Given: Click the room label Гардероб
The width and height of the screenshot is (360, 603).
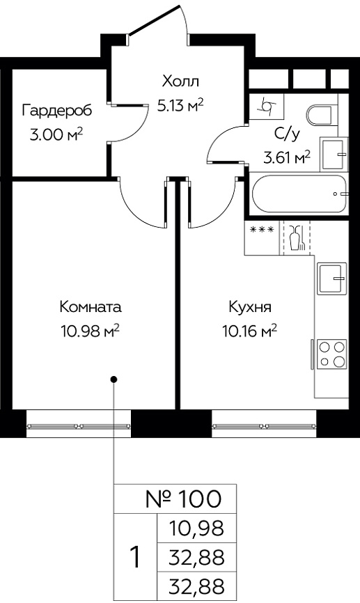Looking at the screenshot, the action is pos(57,111).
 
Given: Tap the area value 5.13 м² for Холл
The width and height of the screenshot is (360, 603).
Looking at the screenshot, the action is pos(180,105).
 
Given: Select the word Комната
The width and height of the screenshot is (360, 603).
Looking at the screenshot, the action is pos(91,307).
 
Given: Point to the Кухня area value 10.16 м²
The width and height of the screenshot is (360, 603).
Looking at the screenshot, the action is pos(250,330).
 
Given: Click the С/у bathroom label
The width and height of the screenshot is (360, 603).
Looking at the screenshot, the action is pos(288,134).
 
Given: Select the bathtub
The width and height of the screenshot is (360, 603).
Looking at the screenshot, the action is pos(300,194).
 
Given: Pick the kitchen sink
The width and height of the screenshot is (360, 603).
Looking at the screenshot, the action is pos(332,279).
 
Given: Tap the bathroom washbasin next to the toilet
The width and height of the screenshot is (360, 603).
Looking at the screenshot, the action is pos(334,155).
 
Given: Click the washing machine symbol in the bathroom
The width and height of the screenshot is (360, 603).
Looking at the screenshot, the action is pos(267,105).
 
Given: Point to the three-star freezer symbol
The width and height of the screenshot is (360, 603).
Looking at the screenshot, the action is pos(263,230).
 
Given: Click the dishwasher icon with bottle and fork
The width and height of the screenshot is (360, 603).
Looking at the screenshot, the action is pos(297,237).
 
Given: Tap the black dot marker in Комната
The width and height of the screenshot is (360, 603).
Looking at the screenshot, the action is pos(114,379).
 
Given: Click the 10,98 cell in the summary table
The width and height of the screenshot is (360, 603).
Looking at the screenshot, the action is pos(196,528).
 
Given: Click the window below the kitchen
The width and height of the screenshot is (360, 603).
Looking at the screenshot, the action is pos(264,426).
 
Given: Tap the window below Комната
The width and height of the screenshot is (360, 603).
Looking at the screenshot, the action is pos(79,426).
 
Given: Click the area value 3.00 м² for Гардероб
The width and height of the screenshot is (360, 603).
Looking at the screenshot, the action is pos(56,135).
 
